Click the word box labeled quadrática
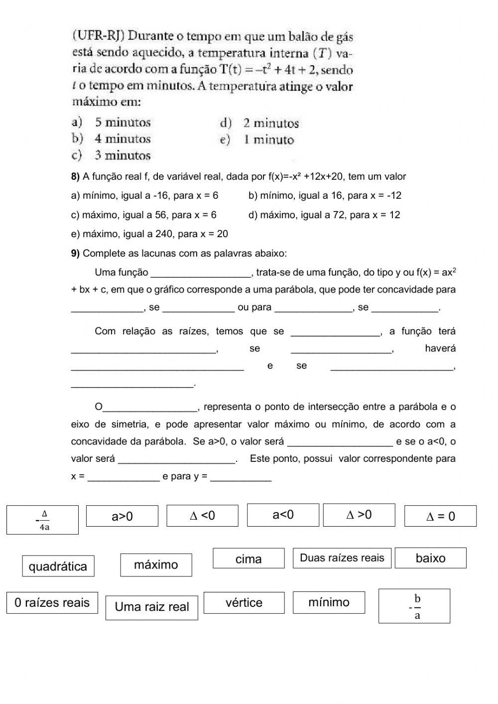coord(58,566)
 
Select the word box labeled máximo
coord(156,564)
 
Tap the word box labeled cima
coord(249,559)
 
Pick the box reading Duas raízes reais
coord(342,558)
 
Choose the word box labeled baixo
coord(430,558)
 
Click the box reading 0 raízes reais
coord(52,602)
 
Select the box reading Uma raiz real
coord(151,607)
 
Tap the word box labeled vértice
coord(244,602)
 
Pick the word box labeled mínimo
coord(329,602)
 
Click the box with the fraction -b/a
coord(414,606)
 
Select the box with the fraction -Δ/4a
coord(42,520)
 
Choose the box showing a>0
coord(122,516)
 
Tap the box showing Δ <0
coord(202,515)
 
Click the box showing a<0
coord(283,515)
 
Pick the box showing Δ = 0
coord(359,515)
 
